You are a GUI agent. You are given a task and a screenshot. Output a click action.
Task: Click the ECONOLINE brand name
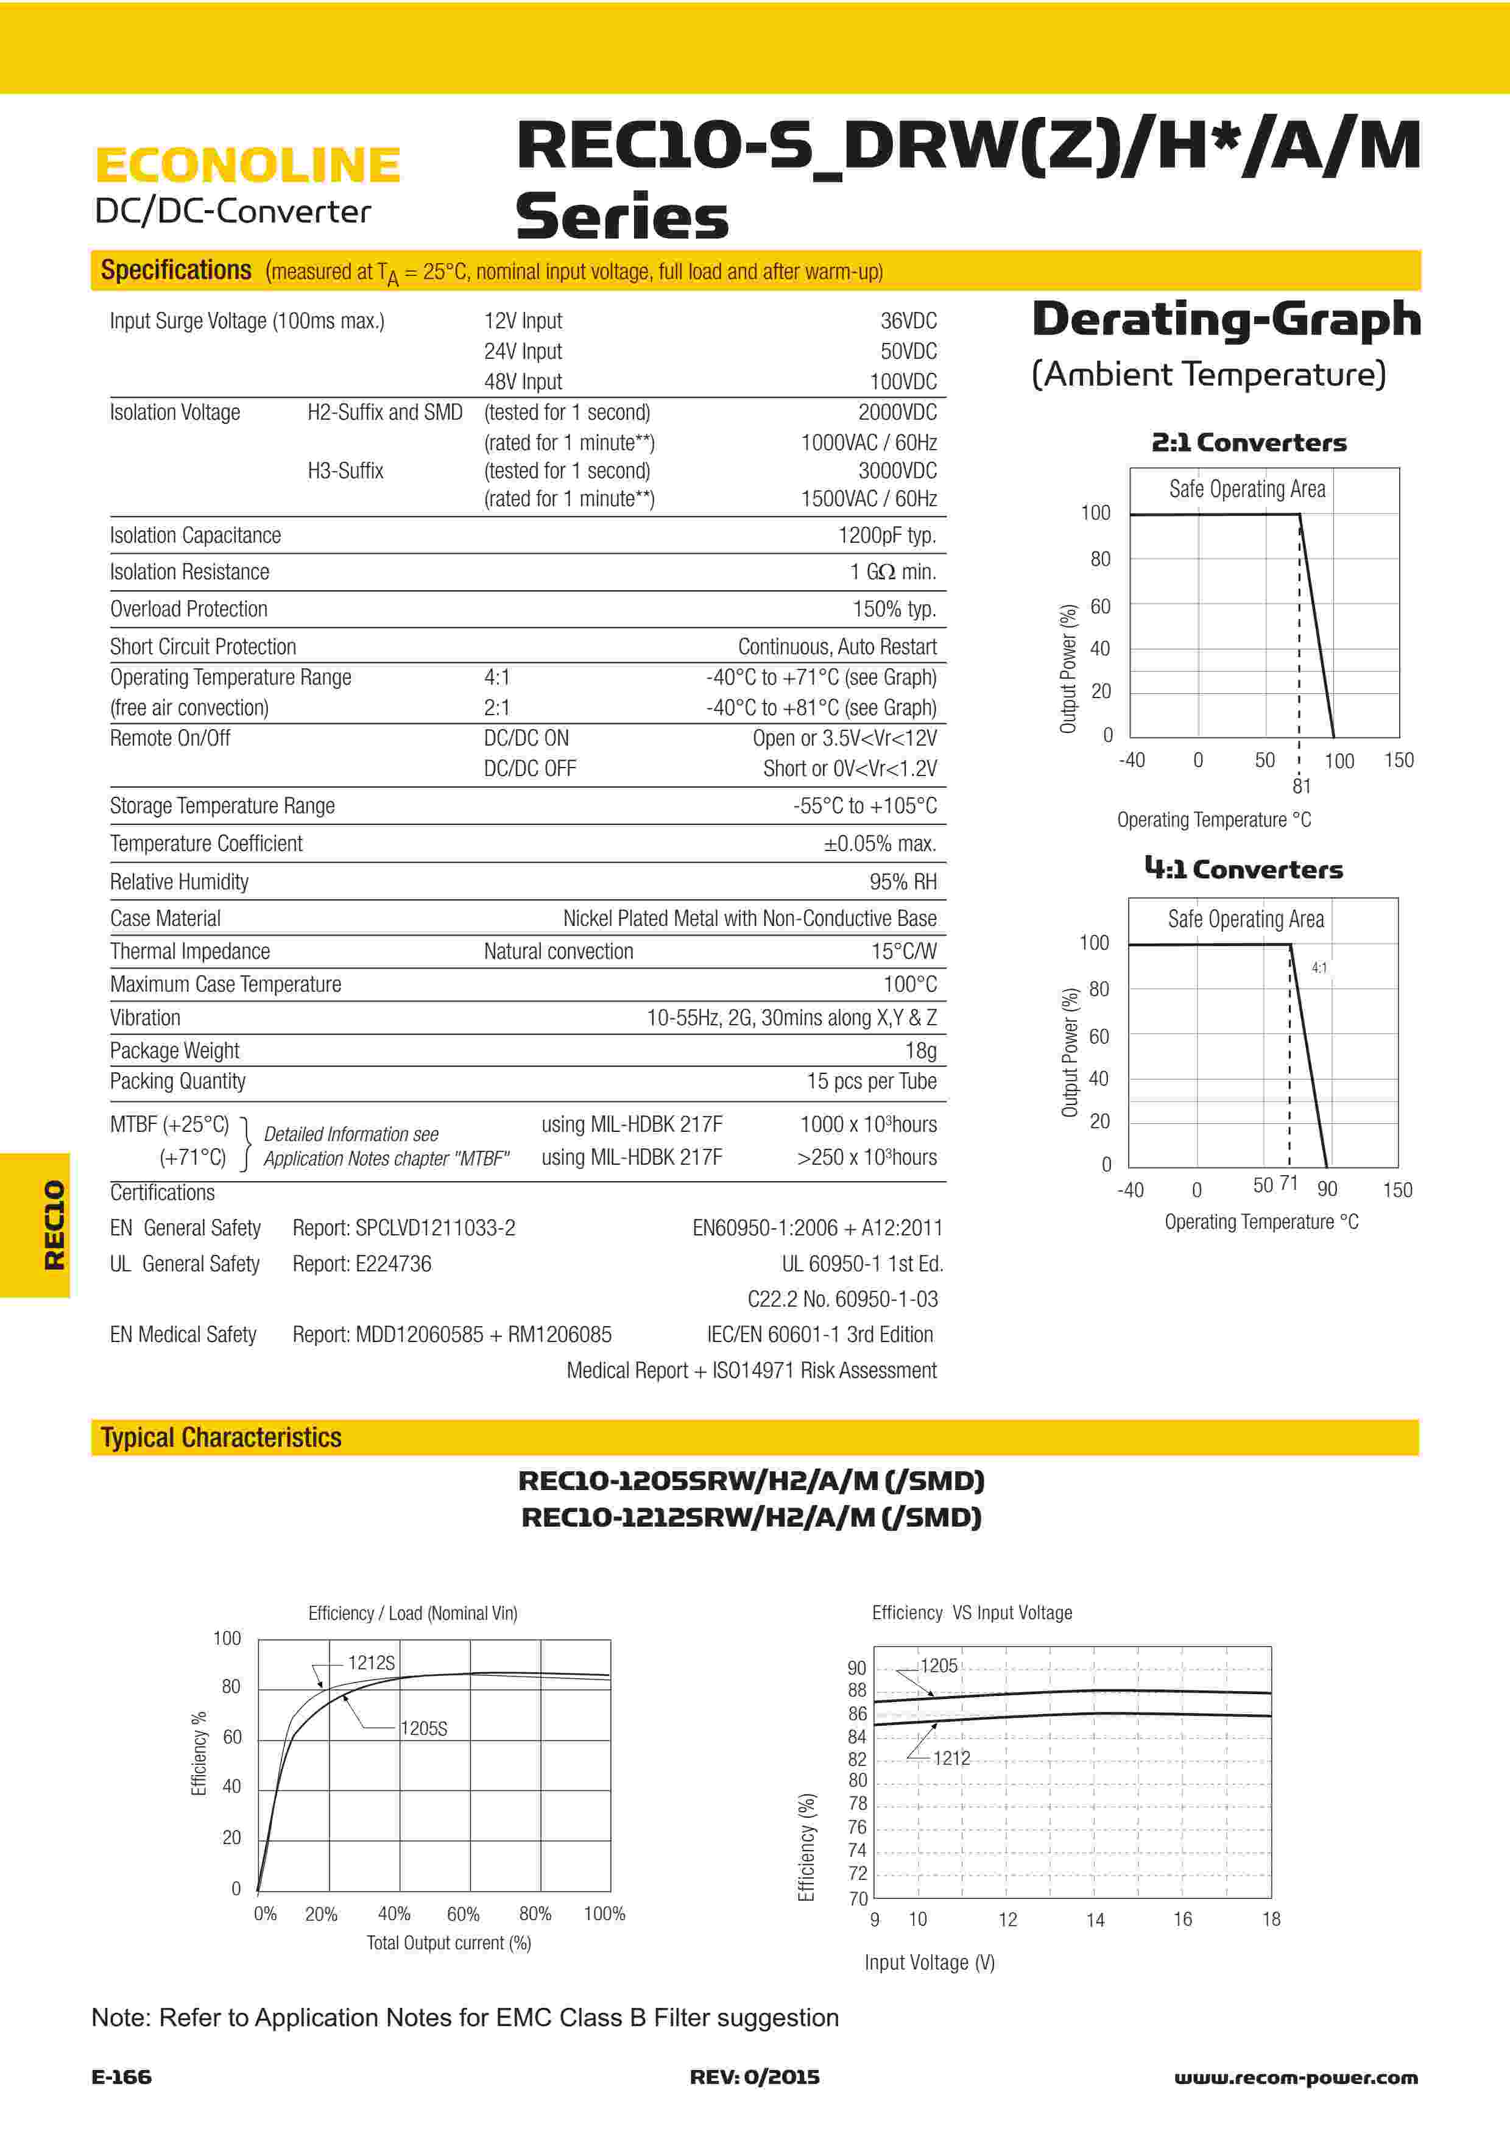coord(247,166)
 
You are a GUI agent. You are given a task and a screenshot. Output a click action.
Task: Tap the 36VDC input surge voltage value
coord(908,321)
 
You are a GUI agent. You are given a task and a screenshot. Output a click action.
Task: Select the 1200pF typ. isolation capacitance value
coord(887,535)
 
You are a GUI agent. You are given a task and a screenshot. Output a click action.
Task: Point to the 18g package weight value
coord(920,1051)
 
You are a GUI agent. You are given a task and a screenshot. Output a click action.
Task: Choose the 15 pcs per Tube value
coord(871,1081)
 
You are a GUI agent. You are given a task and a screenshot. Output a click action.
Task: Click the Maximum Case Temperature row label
coord(225,984)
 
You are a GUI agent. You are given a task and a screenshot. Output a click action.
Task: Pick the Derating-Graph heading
coord(1226,319)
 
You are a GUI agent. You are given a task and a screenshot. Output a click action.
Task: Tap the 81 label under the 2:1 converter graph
coord(1302,786)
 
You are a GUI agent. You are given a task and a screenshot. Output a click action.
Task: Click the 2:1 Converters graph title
coord(1249,443)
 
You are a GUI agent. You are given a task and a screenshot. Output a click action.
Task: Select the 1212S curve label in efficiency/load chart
coord(371,1662)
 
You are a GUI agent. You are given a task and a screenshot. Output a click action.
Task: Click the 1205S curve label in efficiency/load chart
coord(423,1728)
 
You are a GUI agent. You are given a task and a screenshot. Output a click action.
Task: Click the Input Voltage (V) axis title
coord(930,1962)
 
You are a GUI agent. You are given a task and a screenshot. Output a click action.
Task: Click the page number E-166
coord(121,2077)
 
